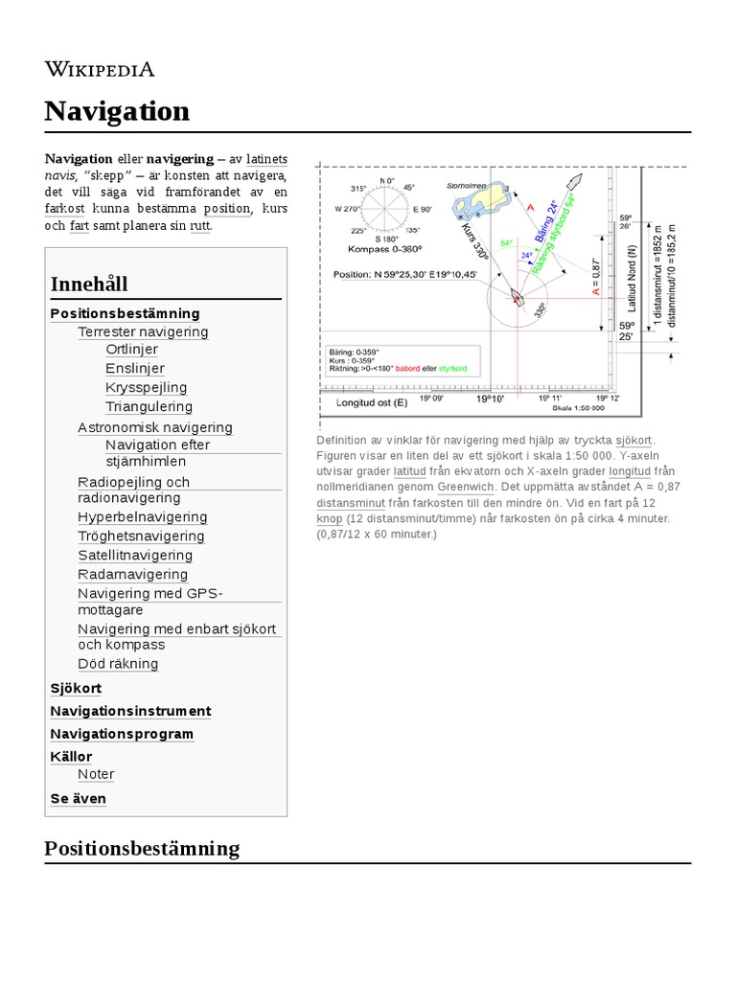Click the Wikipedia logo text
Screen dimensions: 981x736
pyautogui.click(x=100, y=69)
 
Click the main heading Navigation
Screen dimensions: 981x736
pyautogui.click(x=117, y=111)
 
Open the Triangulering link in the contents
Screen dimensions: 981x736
pyautogui.click(x=149, y=406)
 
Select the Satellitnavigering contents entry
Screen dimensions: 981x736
pyautogui.click(x=135, y=555)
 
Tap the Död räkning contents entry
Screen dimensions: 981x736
pyautogui.click(x=118, y=663)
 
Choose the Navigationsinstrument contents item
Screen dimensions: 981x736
pyautogui.click(x=130, y=711)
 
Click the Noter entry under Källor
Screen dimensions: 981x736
pyautogui.click(x=96, y=774)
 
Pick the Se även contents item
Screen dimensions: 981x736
pyautogui.click(x=78, y=798)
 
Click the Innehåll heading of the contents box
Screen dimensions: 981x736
pyautogui.click(x=89, y=284)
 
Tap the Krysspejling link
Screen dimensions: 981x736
pyautogui.click(x=146, y=387)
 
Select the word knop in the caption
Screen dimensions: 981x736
pyautogui.click(x=330, y=517)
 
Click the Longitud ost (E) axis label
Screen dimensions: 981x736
pyautogui.click(x=371, y=403)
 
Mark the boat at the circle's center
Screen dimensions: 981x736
pyautogui.click(x=517, y=297)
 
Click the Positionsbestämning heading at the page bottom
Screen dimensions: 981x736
pyautogui.click(x=142, y=848)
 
